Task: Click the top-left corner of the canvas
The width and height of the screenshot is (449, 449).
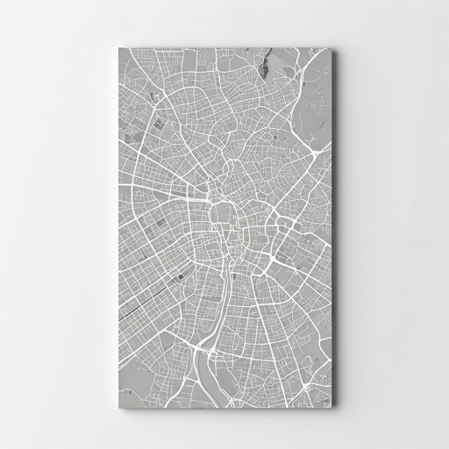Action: pos(118,47)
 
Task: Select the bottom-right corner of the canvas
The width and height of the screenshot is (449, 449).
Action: pos(333,406)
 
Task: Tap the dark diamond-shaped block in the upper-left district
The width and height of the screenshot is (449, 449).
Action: pos(158,124)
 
